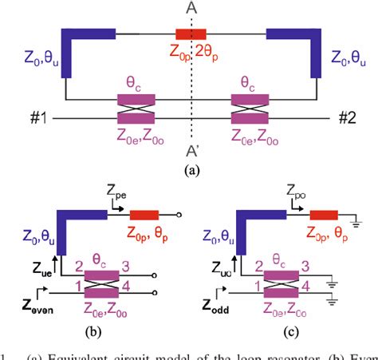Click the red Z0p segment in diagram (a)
191,34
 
